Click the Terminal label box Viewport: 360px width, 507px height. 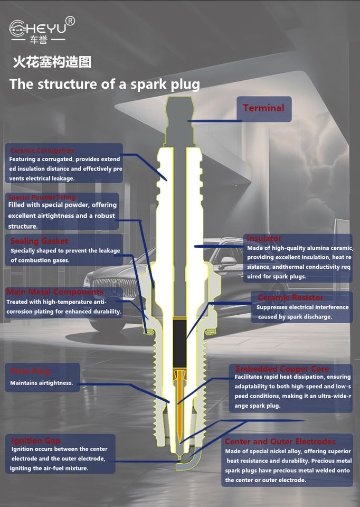pos(263,108)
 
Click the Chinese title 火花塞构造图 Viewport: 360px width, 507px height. pos(52,62)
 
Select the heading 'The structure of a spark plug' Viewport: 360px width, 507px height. pos(105,84)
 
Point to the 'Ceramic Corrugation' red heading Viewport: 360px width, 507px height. pos(42,151)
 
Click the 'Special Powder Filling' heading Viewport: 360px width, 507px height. pos(42,198)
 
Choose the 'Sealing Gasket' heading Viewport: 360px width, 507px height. pos(39,241)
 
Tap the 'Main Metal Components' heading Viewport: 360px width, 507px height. pos(54,292)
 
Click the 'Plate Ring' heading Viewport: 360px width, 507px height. pos(30,371)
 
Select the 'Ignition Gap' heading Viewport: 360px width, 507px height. pos(36,440)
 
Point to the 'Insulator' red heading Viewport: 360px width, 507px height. pos(264,239)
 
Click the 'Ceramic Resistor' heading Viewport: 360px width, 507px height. pos(290,298)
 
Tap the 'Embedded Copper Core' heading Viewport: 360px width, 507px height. pos(282,369)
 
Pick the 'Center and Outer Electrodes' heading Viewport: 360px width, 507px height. pos(280,442)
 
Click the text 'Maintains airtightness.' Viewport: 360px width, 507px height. pos(42,383)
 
